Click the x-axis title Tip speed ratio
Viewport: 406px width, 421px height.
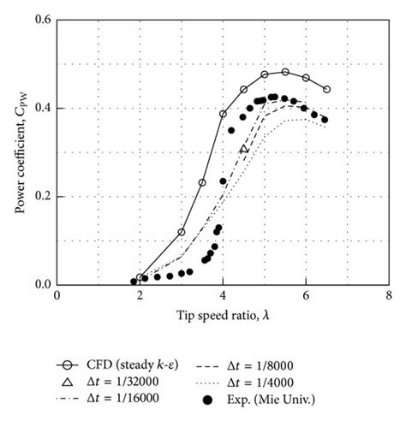pyautogui.click(x=222, y=316)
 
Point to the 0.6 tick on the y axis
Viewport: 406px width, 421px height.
pyautogui.click(x=41, y=20)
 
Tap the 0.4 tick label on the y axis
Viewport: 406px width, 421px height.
pyautogui.click(x=41, y=108)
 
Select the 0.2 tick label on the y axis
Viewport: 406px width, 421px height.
pyautogui.click(x=41, y=196)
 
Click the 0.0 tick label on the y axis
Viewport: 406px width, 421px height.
pyautogui.click(x=41, y=284)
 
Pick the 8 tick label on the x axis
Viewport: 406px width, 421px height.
pyautogui.click(x=389, y=295)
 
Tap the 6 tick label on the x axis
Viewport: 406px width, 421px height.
pyautogui.click(x=306, y=295)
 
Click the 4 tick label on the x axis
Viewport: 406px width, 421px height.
pyautogui.click(x=223, y=295)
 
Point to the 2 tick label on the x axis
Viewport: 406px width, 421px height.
pyautogui.click(x=140, y=295)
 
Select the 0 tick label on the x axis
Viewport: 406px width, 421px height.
pyautogui.click(x=57, y=295)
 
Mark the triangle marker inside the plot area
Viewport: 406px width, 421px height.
pyautogui.click(x=244, y=149)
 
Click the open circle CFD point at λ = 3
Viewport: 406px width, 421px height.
pyautogui.click(x=182, y=232)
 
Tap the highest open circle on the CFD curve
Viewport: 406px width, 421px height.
pyautogui.click(x=285, y=72)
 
